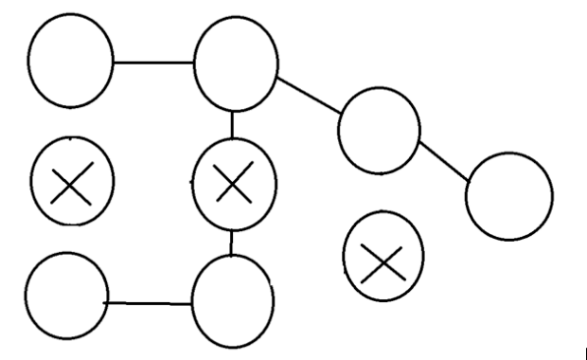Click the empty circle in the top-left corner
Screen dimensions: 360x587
(71, 61)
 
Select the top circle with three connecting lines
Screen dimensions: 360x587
(236, 63)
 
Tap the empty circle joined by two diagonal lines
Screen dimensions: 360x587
(379, 130)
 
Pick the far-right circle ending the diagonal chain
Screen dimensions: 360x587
(509, 196)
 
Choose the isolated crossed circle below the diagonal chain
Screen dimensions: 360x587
(383, 256)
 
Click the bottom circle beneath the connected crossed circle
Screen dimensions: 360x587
(233, 302)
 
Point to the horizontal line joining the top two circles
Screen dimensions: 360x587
(153, 63)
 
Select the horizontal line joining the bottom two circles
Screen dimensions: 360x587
(150, 303)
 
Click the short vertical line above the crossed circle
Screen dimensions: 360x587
(233, 123)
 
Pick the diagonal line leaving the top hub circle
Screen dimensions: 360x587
(309, 97)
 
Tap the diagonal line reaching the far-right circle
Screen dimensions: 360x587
(444, 161)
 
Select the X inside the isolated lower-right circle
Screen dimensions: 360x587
(383, 257)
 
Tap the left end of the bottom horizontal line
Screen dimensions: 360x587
(106, 302)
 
